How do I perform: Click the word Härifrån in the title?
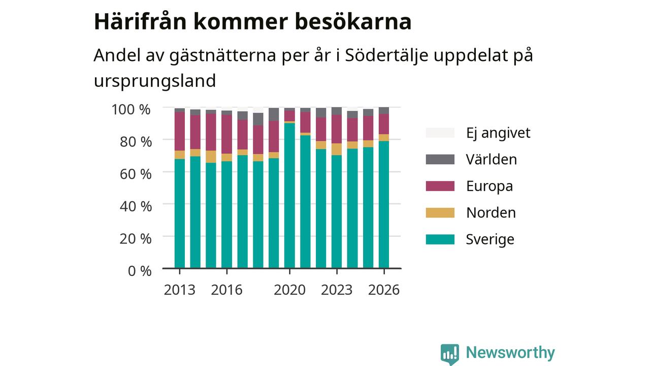click(140, 21)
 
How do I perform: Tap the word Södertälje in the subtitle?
click(386, 55)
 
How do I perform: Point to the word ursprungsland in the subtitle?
click(155, 81)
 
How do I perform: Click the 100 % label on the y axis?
click(131, 110)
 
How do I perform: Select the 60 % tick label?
click(136, 174)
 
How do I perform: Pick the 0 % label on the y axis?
click(140, 271)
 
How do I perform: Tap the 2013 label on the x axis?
click(180, 290)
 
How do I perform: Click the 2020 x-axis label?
click(289, 290)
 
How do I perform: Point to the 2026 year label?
click(384, 290)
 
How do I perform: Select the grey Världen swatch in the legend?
click(440, 160)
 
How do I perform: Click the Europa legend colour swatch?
click(440, 186)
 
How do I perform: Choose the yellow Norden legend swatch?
click(440, 212)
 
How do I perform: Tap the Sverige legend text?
click(490, 239)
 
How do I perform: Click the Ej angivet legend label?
click(498, 133)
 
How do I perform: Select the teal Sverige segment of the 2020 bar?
click(289, 196)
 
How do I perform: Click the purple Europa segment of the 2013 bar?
click(180, 131)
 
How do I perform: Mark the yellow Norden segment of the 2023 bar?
click(337, 149)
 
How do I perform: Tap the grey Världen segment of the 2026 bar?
click(384, 111)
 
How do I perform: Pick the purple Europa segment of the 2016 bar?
click(226, 134)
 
